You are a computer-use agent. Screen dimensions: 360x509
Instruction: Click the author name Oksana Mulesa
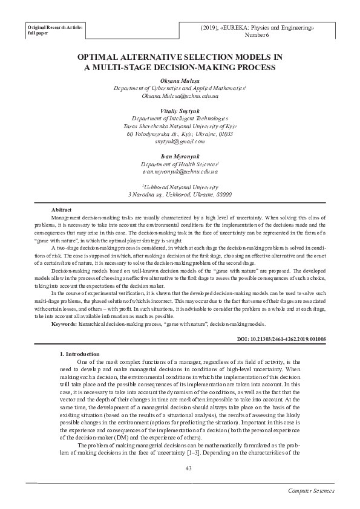(180, 80)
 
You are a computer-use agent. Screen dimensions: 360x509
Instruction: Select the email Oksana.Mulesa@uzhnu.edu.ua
(180, 96)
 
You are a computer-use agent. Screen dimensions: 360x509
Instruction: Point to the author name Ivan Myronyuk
(180, 157)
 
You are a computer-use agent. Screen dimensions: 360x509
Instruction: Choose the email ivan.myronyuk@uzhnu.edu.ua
(180, 172)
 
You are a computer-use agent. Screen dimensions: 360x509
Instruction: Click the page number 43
(180, 468)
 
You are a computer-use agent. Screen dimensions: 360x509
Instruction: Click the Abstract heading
(63, 209)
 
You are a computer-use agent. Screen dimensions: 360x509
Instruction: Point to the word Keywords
(64, 325)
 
